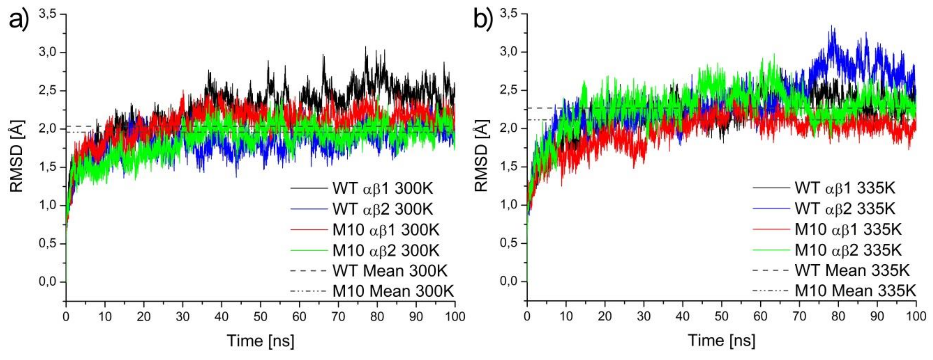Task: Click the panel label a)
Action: [18, 19]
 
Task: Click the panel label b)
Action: [483, 19]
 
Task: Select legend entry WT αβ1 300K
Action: [382, 188]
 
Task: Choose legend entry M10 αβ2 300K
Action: [386, 251]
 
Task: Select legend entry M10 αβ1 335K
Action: [848, 229]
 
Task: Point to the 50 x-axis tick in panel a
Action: [260, 317]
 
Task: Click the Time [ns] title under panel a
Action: [260, 341]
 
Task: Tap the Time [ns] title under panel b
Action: [721, 341]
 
